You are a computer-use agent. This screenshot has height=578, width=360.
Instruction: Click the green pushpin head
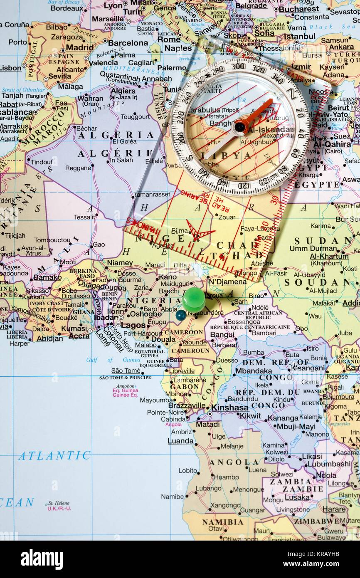point(193,299)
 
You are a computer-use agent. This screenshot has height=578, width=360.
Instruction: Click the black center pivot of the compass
point(240,126)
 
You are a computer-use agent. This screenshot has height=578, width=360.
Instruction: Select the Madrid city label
point(80,47)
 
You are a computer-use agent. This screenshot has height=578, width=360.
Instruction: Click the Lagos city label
point(133,325)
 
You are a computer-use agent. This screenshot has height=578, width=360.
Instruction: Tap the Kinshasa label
point(229,408)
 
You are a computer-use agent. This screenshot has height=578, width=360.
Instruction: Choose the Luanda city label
point(180,441)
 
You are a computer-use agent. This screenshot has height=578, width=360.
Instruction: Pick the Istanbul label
point(299,36)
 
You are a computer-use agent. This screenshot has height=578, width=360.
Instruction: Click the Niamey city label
point(120,263)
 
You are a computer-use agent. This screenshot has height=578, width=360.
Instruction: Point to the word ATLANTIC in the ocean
point(54,455)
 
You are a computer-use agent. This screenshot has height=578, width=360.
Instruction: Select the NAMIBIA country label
point(223,522)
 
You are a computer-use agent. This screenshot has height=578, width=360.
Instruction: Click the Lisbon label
point(10,68)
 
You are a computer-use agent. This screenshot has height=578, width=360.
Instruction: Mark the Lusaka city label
point(297,497)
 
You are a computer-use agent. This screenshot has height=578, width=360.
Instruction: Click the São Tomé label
point(126,371)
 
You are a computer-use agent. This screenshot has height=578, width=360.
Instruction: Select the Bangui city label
point(222,335)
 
